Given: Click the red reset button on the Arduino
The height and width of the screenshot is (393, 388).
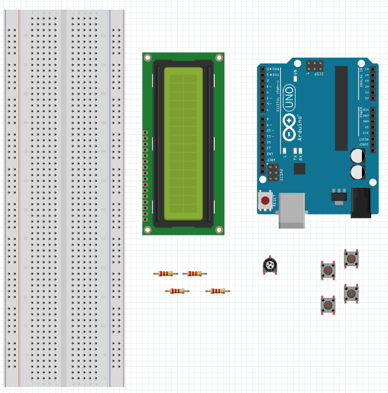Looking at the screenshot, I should [265, 200].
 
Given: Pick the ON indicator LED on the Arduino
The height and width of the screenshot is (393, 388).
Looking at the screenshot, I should [295, 72].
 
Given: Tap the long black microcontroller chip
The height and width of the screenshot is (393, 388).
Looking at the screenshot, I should [341, 108].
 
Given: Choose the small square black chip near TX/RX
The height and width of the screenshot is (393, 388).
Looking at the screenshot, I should [299, 168].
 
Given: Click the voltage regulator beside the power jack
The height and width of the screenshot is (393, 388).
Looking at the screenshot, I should [338, 195].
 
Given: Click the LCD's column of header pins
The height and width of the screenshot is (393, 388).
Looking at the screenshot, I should [145, 176].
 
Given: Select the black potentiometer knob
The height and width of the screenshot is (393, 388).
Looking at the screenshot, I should [270, 265].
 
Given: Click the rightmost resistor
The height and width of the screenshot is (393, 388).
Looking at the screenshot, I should [218, 291].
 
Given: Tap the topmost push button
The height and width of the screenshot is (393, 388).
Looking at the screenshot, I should [351, 259].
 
